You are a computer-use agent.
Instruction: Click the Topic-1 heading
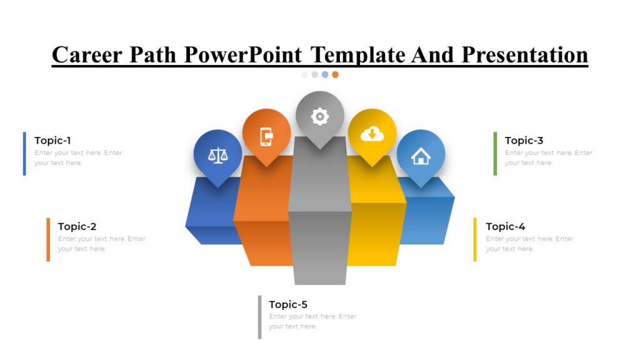point(52,141)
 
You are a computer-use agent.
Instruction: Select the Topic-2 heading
point(77,227)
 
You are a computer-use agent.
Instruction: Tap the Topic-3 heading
point(524,141)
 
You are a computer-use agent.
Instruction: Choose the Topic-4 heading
point(505,227)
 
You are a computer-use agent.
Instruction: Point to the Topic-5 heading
point(288,304)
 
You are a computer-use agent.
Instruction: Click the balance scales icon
point(217,155)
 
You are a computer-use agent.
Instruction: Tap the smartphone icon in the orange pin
point(266,136)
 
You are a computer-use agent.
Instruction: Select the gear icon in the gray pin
point(320,116)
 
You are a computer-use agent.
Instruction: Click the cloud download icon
point(372,134)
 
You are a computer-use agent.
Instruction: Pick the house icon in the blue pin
point(421,156)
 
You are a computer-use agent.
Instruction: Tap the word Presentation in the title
point(525,55)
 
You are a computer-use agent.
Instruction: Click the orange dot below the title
point(335,74)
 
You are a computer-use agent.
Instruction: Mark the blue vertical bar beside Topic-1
point(24,153)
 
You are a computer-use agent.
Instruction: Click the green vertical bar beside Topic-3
point(495,153)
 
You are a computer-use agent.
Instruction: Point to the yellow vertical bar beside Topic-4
point(475,239)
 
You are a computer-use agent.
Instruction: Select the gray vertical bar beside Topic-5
point(259,317)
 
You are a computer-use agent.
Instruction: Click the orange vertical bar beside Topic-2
point(48,239)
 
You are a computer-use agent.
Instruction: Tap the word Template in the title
point(358,55)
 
